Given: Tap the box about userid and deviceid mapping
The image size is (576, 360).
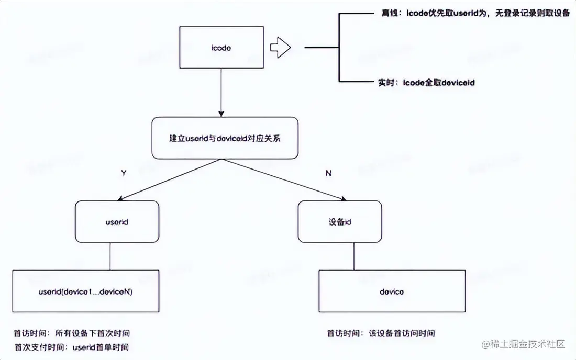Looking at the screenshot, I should click(x=225, y=138).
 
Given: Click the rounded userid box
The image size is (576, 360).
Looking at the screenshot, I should click(x=117, y=222).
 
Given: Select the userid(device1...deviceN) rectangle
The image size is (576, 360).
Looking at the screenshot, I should click(x=86, y=291).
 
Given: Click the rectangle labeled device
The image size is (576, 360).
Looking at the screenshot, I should click(x=392, y=291).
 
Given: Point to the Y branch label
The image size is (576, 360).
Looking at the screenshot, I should click(x=123, y=173).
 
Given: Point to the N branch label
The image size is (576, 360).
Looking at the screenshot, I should click(x=328, y=173).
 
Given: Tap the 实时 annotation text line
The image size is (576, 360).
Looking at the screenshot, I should click(x=426, y=82).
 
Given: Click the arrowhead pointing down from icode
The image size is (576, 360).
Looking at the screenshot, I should click(x=221, y=113).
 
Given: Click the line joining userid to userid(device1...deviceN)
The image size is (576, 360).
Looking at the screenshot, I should click(x=110, y=256).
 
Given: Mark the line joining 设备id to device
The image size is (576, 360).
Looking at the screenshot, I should click(x=354, y=256).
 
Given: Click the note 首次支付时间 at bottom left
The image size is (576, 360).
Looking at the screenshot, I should click(x=71, y=347).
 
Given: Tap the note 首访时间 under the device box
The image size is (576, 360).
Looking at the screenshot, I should click(x=381, y=333).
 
